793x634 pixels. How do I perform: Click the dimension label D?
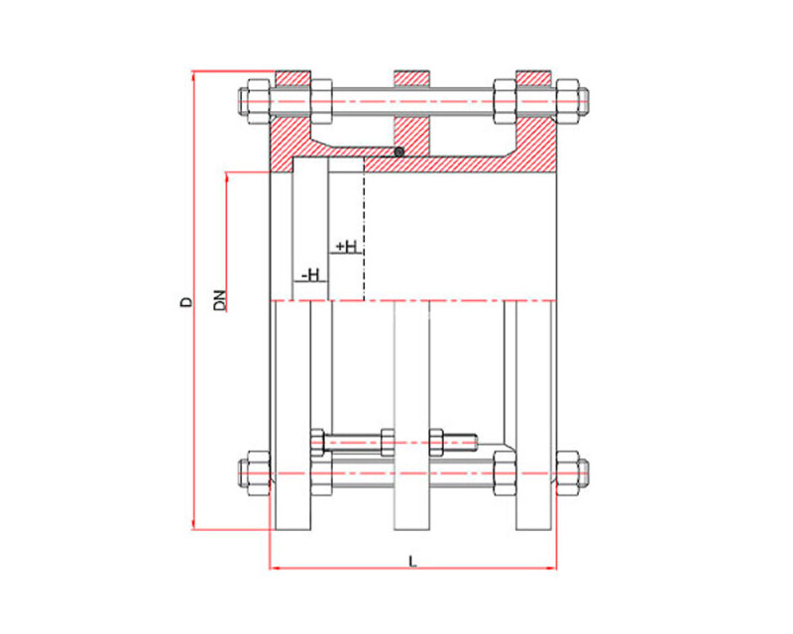(187, 302)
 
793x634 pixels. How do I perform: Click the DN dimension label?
(219, 300)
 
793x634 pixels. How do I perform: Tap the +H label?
(346, 247)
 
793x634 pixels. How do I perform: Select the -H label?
(310, 275)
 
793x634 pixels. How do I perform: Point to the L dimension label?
(412, 562)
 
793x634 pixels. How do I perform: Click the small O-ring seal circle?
(399, 152)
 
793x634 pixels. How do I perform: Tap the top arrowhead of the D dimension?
(193, 76)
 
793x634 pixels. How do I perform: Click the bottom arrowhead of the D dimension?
(193, 525)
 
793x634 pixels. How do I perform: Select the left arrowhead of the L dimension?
(275, 569)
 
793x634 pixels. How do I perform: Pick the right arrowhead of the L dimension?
(551, 569)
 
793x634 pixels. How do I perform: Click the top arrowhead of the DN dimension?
(227, 177)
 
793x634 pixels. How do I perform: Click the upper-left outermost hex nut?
(259, 102)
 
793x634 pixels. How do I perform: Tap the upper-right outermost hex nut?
(567, 102)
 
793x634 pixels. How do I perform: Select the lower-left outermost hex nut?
(259, 474)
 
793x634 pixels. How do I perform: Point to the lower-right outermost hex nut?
(567, 474)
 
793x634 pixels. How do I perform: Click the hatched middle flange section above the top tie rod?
(411, 78)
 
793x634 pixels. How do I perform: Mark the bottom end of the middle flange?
(411, 529)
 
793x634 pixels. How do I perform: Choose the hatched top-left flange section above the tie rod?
(292, 78)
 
